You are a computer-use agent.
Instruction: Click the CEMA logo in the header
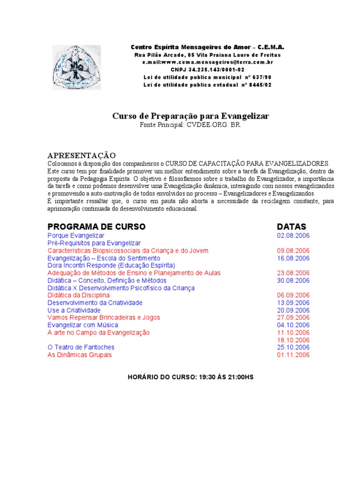pyautogui.click(x=76, y=67)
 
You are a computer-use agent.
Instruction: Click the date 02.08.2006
pyautogui.click(x=293, y=236)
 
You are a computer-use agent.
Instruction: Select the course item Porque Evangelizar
pyautogui.click(x=76, y=236)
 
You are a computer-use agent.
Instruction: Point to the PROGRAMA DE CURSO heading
pyautogui.click(x=97, y=227)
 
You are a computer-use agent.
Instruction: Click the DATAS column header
pyautogui.click(x=291, y=227)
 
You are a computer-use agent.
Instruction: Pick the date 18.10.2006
pyautogui.click(x=293, y=340)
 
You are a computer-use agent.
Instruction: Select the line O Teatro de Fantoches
pyautogui.click(x=81, y=347)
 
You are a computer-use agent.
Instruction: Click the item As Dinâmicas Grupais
pyautogui.click(x=80, y=355)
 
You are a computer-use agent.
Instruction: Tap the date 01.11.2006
pyautogui.click(x=293, y=355)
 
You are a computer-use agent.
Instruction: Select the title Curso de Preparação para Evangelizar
pyautogui.click(x=190, y=116)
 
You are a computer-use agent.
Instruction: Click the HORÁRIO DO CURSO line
pyautogui.click(x=190, y=377)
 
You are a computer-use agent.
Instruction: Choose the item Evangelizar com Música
pyautogui.click(x=82, y=325)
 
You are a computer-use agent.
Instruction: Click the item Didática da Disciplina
pyautogui.click(x=78, y=295)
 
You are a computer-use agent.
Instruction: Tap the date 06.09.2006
pyautogui.click(x=293, y=295)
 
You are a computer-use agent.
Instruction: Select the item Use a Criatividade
pyautogui.click(x=74, y=310)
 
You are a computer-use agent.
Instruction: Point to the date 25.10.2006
pyautogui.click(x=293, y=347)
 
